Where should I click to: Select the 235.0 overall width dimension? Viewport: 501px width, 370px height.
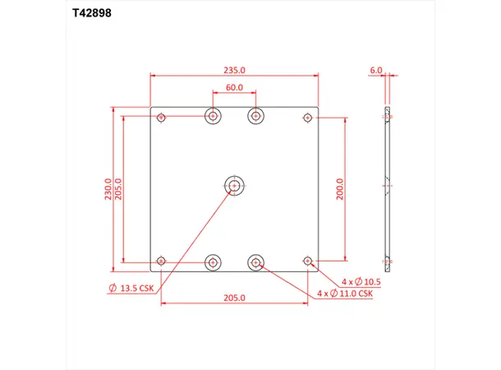[234, 70]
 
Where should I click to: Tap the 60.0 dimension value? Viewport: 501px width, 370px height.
[235, 87]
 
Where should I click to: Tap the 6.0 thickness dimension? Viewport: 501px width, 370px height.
[376, 71]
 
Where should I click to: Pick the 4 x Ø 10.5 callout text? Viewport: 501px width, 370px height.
[362, 281]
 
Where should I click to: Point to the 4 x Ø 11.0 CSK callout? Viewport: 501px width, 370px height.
[345, 293]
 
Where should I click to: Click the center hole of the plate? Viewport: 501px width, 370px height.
[236, 186]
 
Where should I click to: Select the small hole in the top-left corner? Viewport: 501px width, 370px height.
[162, 118]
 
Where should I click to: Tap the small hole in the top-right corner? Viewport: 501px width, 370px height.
[309, 118]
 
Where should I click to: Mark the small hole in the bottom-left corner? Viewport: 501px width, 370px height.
[162, 262]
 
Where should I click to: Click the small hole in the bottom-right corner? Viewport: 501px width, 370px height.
[309, 262]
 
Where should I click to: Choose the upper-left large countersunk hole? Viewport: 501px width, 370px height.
[214, 116]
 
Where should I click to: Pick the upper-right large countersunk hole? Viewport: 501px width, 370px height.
[257, 116]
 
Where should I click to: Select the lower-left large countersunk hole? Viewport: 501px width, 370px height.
[214, 263]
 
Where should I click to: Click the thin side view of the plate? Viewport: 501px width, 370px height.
[386, 189]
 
